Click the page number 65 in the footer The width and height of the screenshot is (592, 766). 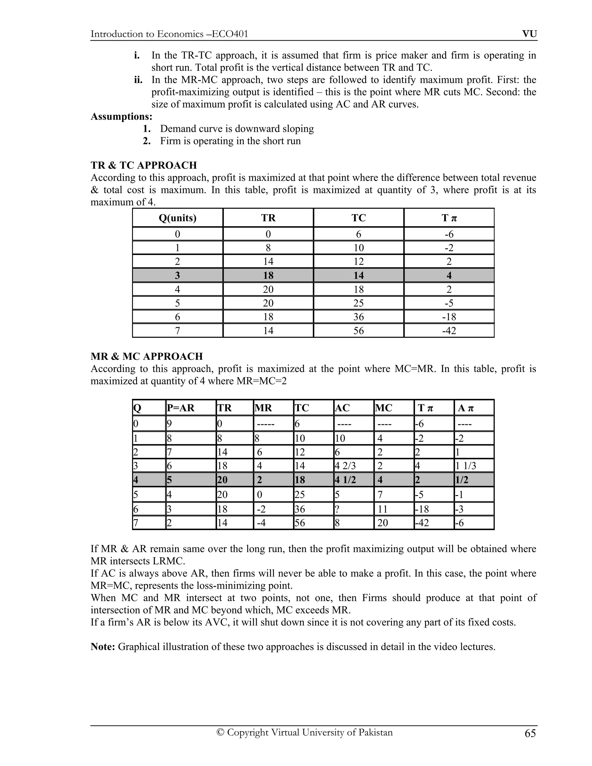pos(530,733)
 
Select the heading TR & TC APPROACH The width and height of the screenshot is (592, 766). pos(143,165)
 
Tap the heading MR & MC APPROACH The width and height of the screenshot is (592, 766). pos(147,356)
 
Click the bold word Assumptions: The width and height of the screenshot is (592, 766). pos(121,116)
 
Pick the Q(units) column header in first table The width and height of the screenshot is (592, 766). pos(177,218)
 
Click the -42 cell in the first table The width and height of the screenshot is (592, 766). pos(449,331)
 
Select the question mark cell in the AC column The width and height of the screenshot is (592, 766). pos(337,509)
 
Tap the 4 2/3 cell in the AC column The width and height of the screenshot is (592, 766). pos(345,466)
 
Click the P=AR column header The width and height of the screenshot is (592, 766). pos(181,408)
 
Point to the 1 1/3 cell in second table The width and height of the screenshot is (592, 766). pos(466,466)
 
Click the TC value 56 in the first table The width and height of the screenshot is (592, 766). pos(358,331)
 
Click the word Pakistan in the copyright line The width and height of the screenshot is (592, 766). pos(375,732)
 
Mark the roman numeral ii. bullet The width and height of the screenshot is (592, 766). pos(138,80)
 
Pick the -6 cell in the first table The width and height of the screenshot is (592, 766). pos(449,234)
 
